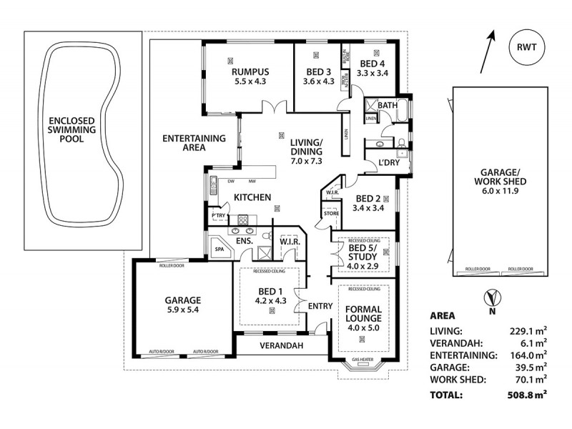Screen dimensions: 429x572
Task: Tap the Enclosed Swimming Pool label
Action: [72, 130]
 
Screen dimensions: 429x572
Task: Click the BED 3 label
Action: [319, 71]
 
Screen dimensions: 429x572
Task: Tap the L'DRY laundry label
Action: [389, 162]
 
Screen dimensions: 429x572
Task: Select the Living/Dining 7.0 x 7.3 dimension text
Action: [307, 162]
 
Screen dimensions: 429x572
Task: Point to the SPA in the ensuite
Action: [219, 250]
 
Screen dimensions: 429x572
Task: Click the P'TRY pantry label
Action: [218, 216]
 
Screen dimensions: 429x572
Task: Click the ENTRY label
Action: [320, 306]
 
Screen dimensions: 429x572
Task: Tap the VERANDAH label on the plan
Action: [281, 345]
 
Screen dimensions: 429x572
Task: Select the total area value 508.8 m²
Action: [526, 394]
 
